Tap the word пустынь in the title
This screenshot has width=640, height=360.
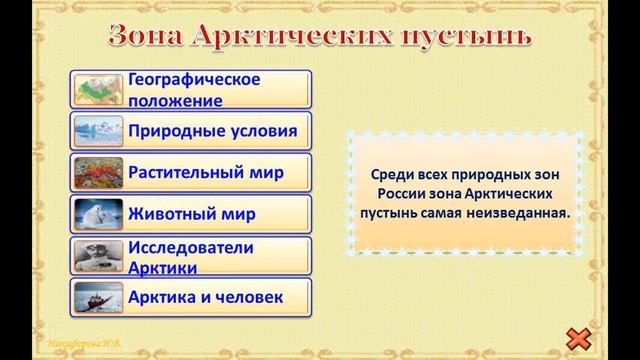(x=469, y=37)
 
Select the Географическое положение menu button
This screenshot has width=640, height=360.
(x=191, y=89)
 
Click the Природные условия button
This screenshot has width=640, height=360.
(x=191, y=131)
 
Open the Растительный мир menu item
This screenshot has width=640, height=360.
(x=191, y=172)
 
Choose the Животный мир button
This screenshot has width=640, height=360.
(x=191, y=214)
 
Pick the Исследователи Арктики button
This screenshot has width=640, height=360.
(x=191, y=256)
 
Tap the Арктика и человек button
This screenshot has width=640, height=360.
(x=191, y=297)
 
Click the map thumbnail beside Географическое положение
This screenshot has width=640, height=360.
(x=98, y=89)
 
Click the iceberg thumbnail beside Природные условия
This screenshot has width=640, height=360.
(x=98, y=131)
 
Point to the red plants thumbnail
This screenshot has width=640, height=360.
(x=98, y=173)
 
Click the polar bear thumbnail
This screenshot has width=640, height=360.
(x=98, y=214)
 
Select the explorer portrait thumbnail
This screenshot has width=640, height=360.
(x=98, y=256)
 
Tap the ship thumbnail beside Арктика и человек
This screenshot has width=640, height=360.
(x=98, y=298)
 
